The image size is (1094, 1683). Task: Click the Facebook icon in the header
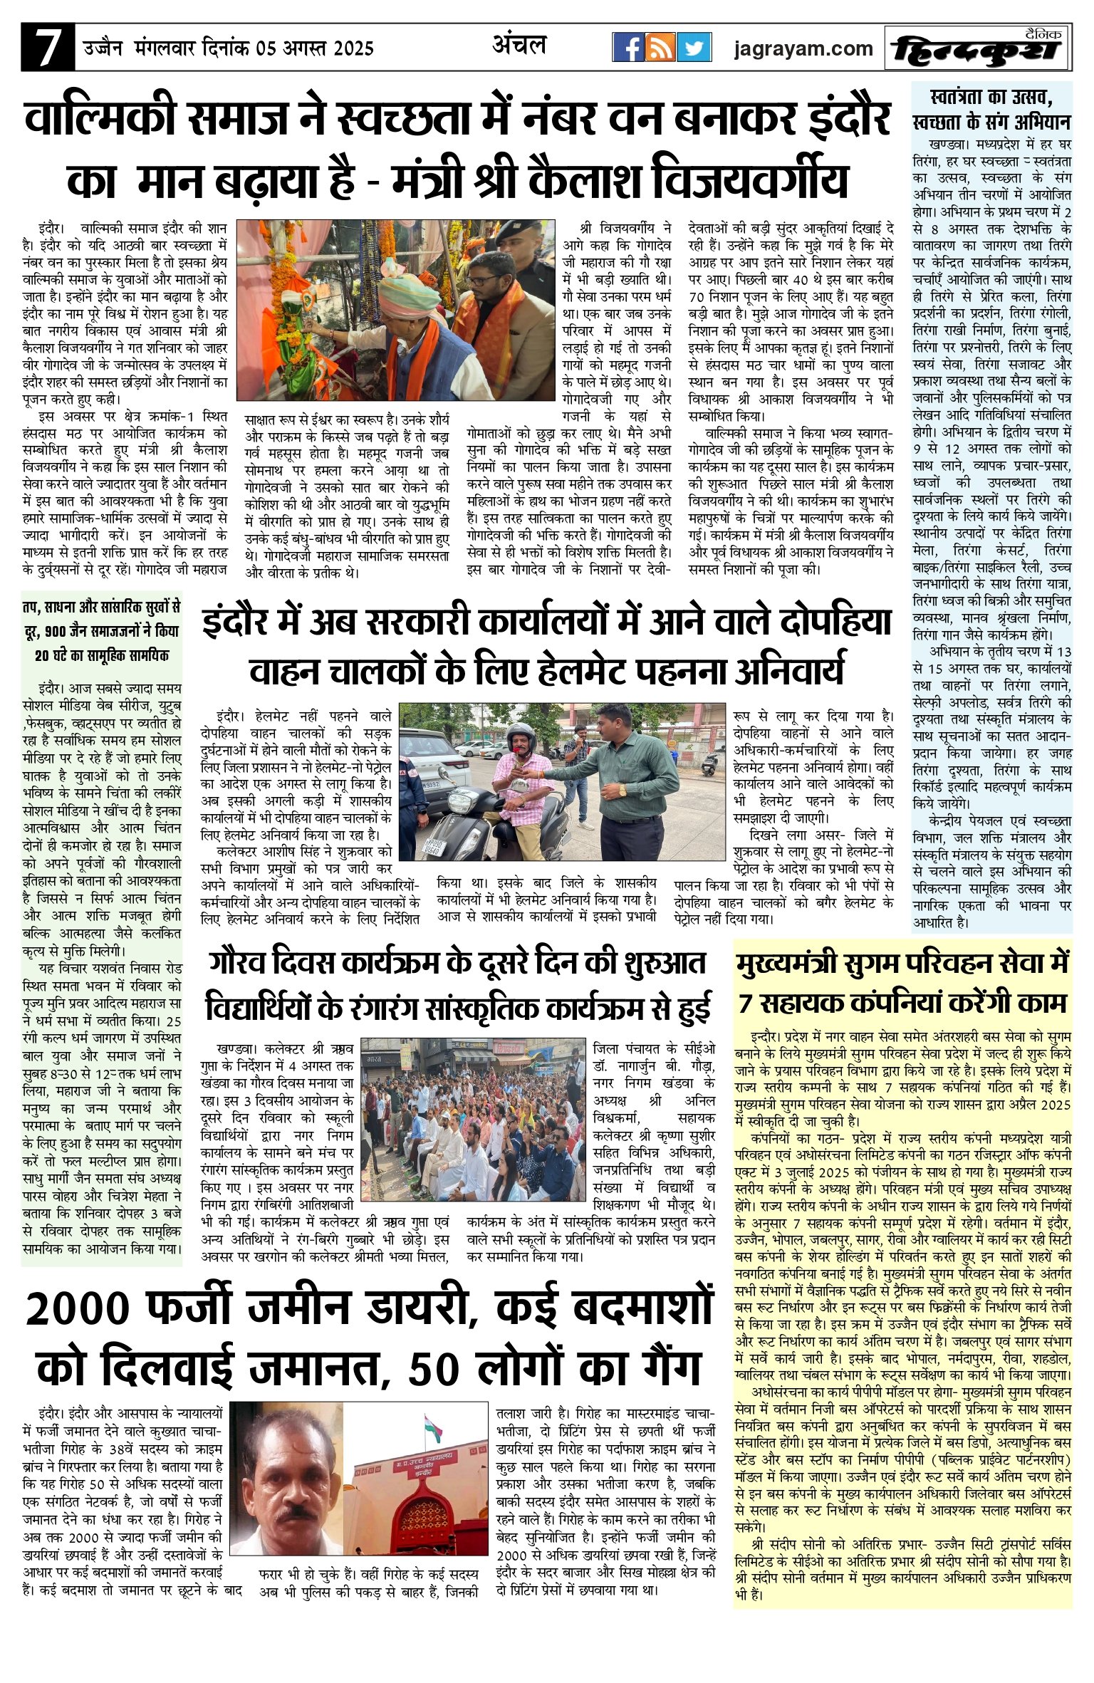[x=627, y=48]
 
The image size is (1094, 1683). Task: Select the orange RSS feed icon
[x=660, y=48]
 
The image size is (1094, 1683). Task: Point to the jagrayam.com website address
[x=803, y=48]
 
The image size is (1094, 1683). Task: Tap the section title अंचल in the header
[x=519, y=46]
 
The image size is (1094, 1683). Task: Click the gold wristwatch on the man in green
[x=622, y=789]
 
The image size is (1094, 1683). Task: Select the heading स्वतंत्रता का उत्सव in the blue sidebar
[x=991, y=95]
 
